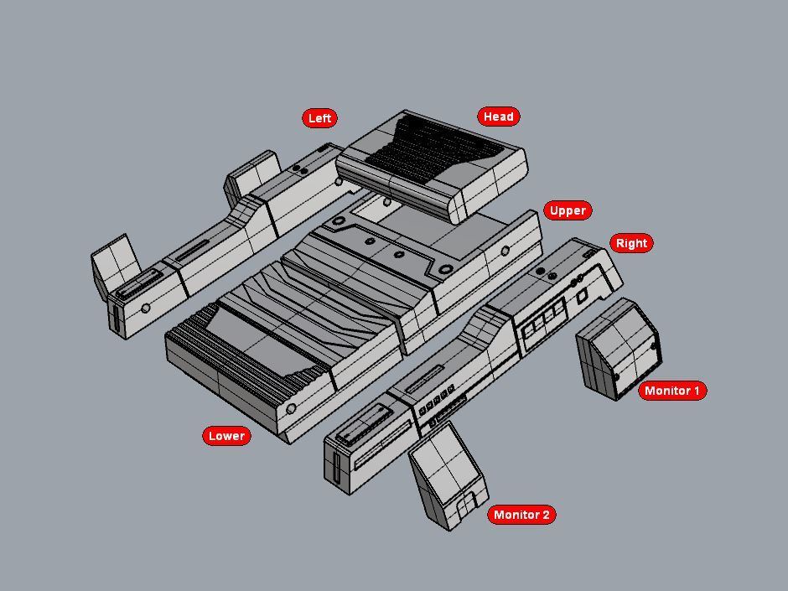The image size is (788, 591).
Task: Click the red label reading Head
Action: pos(499,117)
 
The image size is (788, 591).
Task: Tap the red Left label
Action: pos(319,118)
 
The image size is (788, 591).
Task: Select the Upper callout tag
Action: pos(568,210)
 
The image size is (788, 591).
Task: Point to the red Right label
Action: pos(631,243)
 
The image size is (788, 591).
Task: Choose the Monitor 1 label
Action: pos(672,391)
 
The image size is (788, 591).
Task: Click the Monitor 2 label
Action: pos(521,515)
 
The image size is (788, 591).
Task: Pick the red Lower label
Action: pos(226,436)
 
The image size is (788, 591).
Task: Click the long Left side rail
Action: pos(218,243)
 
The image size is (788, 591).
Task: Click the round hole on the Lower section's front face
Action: pos(291,408)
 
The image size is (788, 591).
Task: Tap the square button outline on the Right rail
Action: pos(582,297)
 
